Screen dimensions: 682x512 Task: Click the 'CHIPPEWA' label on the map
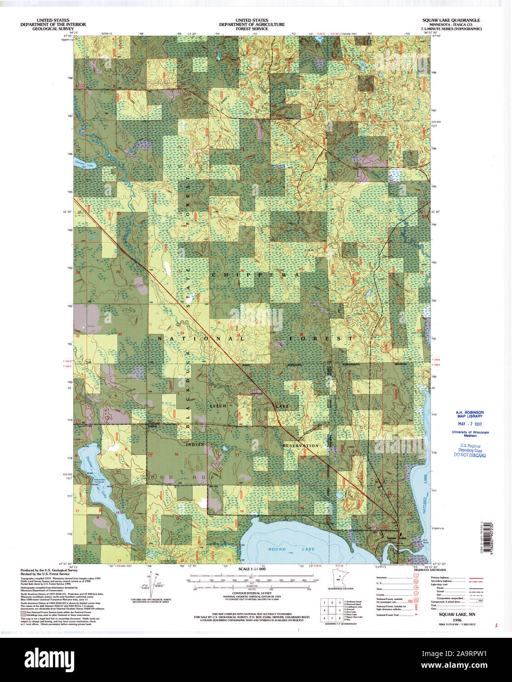tap(256, 276)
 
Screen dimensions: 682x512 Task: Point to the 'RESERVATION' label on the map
tap(301, 446)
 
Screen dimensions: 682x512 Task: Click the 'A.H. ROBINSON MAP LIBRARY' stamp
tap(470, 414)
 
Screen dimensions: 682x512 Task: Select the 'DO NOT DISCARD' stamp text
tap(470, 455)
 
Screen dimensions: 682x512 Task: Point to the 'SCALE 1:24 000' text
tap(252, 569)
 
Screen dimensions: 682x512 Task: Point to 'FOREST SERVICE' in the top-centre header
tap(252, 29)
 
